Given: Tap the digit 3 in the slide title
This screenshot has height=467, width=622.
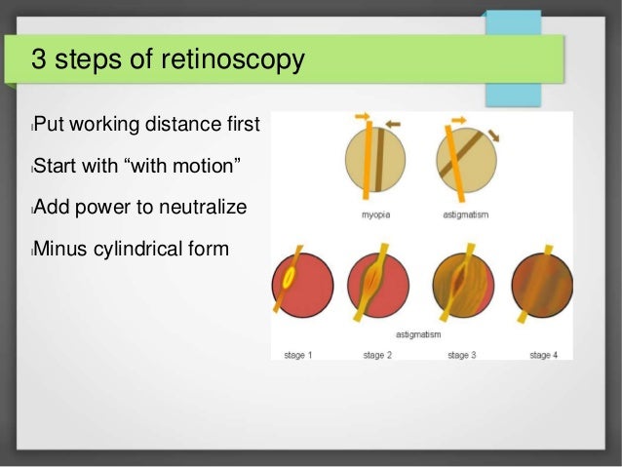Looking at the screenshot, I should coord(39,60).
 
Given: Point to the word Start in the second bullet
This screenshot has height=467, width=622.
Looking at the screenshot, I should coord(57,166).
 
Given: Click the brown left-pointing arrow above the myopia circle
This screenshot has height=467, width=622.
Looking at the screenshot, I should coord(393,124).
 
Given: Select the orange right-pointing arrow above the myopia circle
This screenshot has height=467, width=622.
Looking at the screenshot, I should coord(362,117).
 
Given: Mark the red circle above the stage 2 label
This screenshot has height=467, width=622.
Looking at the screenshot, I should coord(378,284).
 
